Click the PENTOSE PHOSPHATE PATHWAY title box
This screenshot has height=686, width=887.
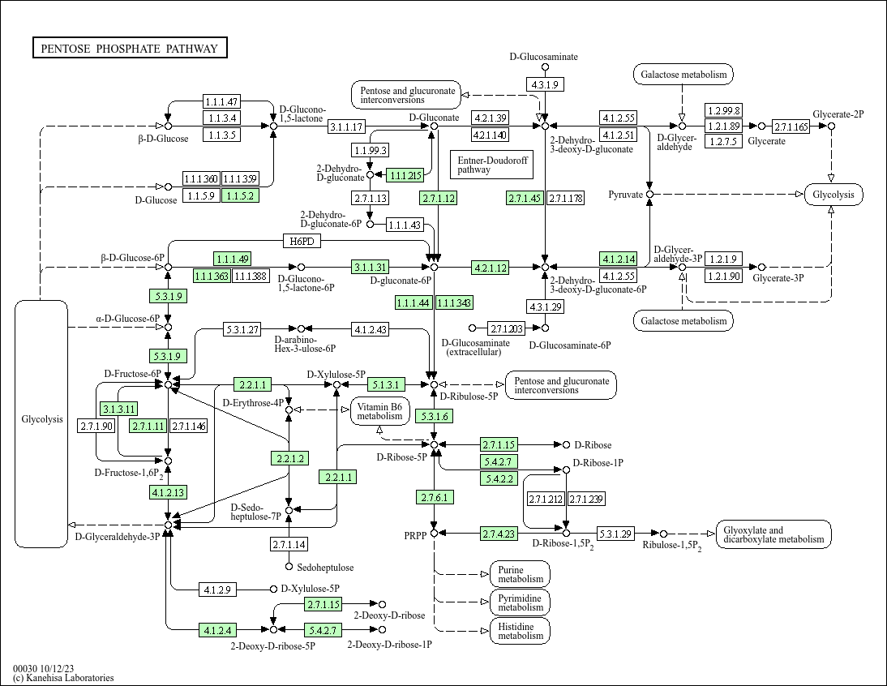click(130, 49)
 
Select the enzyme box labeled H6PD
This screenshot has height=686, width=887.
click(302, 241)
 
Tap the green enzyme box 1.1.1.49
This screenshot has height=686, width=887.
click(232, 259)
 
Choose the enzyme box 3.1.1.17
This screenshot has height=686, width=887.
click(347, 126)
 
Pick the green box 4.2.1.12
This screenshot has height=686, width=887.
click(491, 268)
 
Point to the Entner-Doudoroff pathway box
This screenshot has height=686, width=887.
click(491, 165)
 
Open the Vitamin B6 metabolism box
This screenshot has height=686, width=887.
click(379, 411)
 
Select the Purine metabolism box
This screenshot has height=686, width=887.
click(520, 574)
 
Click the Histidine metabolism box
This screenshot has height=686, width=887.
click(520, 631)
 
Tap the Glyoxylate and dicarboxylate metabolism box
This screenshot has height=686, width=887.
click(773, 534)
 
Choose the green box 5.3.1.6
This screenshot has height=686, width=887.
click(434, 416)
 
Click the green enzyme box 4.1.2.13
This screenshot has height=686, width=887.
click(168, 492)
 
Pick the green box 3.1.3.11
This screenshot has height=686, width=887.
click(118, 408)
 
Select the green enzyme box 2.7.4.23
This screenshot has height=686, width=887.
click(499, 533)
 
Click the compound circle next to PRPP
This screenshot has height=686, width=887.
click(434, 533)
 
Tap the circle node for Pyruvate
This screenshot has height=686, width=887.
click(649, 195)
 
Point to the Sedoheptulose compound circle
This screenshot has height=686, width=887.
click(289, 566)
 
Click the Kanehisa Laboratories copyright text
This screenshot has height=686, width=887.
click(64, 678)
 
